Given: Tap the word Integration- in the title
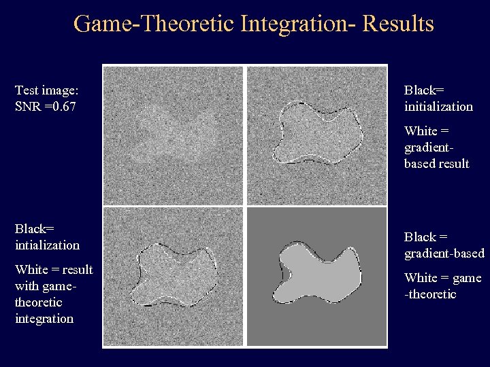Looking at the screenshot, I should [297, 24].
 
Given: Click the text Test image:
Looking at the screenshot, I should [46, 90].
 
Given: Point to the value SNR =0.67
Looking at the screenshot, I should [45, 106].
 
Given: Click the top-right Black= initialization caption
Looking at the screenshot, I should [438, 98].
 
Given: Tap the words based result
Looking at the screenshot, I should [436, 164].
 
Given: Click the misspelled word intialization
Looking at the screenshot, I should [47, 244].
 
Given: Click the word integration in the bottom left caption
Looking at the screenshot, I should [44, 318].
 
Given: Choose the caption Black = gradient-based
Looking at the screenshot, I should [444, 245].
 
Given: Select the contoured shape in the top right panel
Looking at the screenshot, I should [316, 133].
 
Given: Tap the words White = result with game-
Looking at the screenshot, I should [53, 277].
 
